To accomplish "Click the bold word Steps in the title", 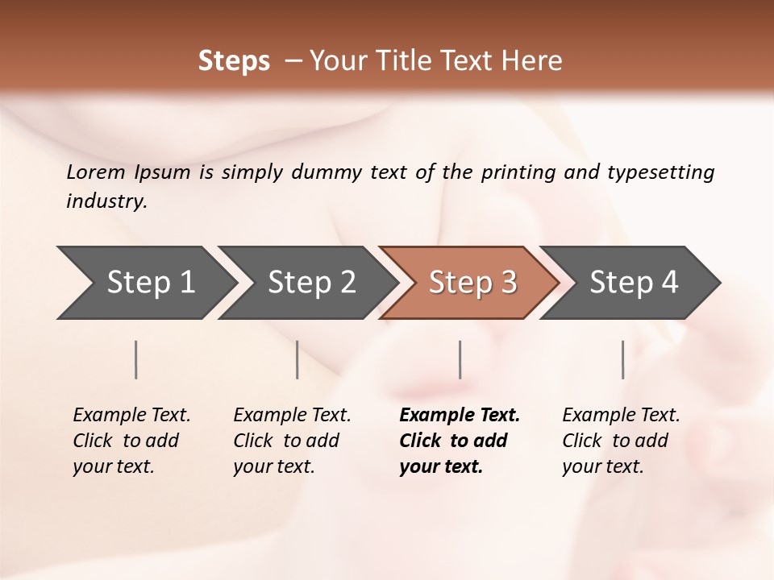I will pyautogui.click(x=234, y=61).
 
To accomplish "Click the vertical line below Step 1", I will pyautogui.click(x=136, y=359).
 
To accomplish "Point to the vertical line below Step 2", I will pyautogui.click(x=298, y=359).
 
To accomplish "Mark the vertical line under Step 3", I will pyautogui.click(x=460, y=359).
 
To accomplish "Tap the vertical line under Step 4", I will pyautogui.click(x=623, y=359).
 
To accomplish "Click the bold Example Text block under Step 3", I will pyautogui.click(x=459, y=441).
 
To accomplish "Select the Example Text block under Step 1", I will pyautogui.click(x=131, y=441).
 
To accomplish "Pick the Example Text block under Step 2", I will pyautogui.click(x=292, y=441).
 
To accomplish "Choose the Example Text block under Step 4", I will pyautogui.click(x=621, y=441).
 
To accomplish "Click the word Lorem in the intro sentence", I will pyautogui.click(x=96, y=172).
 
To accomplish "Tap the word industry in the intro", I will pyautogui.click(x=106, y=201).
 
